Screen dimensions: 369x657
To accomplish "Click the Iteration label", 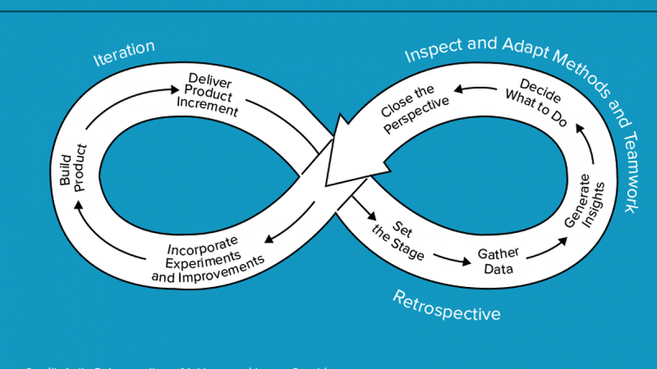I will click(124, 53).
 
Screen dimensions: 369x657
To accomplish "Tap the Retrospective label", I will click(447, 305).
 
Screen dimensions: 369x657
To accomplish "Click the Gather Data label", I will click(498, 260).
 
